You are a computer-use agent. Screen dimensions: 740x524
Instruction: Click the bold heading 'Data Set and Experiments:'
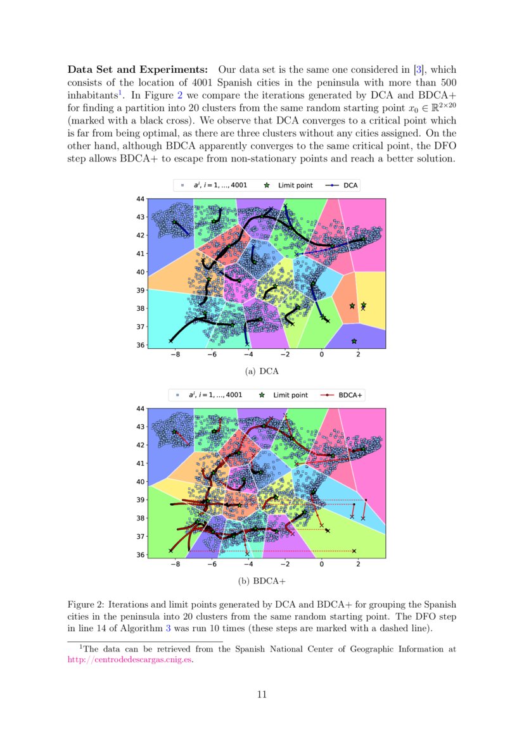click(137, 70)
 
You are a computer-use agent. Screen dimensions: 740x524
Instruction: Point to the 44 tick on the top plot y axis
click(140, 199)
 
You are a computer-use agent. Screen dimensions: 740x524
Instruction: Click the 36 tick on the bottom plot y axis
click(140, 555)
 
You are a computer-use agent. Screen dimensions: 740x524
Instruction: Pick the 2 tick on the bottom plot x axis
click(359, 565)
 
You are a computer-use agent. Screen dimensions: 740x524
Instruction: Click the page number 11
click(262, 694)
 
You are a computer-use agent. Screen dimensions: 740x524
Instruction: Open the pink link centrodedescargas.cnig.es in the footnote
click(129, 659)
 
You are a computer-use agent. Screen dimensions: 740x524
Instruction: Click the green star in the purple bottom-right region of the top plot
click(354, 342)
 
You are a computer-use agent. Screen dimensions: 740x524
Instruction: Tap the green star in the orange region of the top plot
click(352, 306)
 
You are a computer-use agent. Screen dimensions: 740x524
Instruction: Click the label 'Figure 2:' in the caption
click(86, 605)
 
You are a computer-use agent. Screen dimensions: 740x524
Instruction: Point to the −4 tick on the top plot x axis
click(248, 355)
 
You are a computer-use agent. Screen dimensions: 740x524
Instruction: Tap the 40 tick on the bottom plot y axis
click(140, 482)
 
